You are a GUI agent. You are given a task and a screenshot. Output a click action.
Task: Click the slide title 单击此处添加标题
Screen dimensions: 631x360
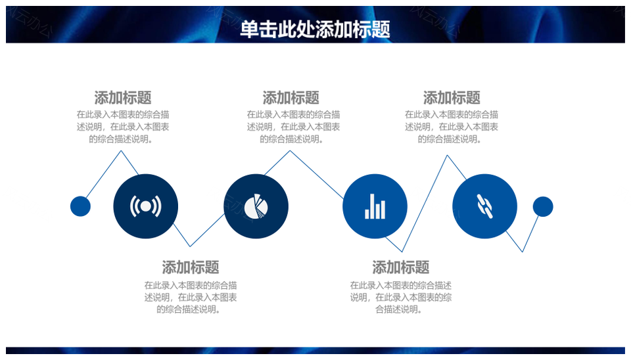point(315,30)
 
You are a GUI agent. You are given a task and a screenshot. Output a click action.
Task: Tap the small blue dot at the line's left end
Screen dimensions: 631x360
point(80,206)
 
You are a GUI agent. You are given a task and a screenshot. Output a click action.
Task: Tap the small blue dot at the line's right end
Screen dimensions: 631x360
point(543,206)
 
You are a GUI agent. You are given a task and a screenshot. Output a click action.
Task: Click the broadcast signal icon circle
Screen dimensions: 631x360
point(146,206)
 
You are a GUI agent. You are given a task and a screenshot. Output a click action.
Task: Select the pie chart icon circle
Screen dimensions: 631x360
point(256,206)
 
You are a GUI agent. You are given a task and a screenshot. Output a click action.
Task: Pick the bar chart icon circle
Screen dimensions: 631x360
point(375,206)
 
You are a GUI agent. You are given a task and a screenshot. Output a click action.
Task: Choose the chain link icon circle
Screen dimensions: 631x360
point(485,206)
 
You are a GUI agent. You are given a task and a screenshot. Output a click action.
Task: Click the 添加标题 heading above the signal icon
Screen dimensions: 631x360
point(123,98)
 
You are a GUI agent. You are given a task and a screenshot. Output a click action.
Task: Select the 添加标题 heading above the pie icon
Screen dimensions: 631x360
point(291,98)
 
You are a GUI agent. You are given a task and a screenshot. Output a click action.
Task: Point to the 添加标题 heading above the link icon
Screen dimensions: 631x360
point(452,98)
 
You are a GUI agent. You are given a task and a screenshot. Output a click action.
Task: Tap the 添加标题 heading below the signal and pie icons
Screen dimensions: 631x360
point(191,267)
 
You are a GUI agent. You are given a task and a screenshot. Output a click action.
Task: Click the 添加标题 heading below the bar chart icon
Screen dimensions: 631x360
point(401,267)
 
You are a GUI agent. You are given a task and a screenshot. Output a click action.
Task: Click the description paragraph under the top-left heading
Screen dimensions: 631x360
point(123,127)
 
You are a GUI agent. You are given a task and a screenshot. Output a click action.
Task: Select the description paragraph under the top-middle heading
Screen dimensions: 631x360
point(293,127)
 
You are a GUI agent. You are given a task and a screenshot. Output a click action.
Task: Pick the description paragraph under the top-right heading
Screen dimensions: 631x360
point(452,127)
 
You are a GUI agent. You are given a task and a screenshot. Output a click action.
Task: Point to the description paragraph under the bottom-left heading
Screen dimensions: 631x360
point(191,297)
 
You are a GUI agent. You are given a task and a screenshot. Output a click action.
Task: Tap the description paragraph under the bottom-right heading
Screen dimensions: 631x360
point(401,297)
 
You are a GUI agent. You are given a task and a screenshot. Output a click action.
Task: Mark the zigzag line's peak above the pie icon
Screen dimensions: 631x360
point(290,151)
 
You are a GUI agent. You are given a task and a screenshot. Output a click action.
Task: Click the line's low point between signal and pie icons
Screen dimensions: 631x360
point(190,246)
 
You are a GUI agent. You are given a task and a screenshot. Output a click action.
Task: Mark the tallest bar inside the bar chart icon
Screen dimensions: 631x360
point(373,206)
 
